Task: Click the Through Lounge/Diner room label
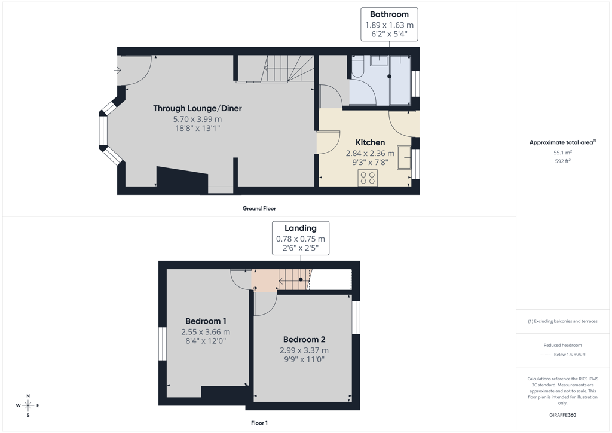197,108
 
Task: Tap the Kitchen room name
370,142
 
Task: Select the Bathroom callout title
389,14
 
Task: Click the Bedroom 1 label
206,321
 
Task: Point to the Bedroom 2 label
304,340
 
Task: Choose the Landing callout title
301,228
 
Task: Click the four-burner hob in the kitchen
368,178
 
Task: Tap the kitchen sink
405,157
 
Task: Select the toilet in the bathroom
357,66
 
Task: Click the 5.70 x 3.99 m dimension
197,119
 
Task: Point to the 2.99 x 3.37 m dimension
304,350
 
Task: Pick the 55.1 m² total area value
562,153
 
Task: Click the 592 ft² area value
562,161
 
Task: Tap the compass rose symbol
28,405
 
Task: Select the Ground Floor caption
259,209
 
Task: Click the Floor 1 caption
259,423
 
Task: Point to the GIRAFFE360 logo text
562,415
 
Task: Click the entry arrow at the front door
117,71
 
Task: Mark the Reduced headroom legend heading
562,345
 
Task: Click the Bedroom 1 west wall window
163,343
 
